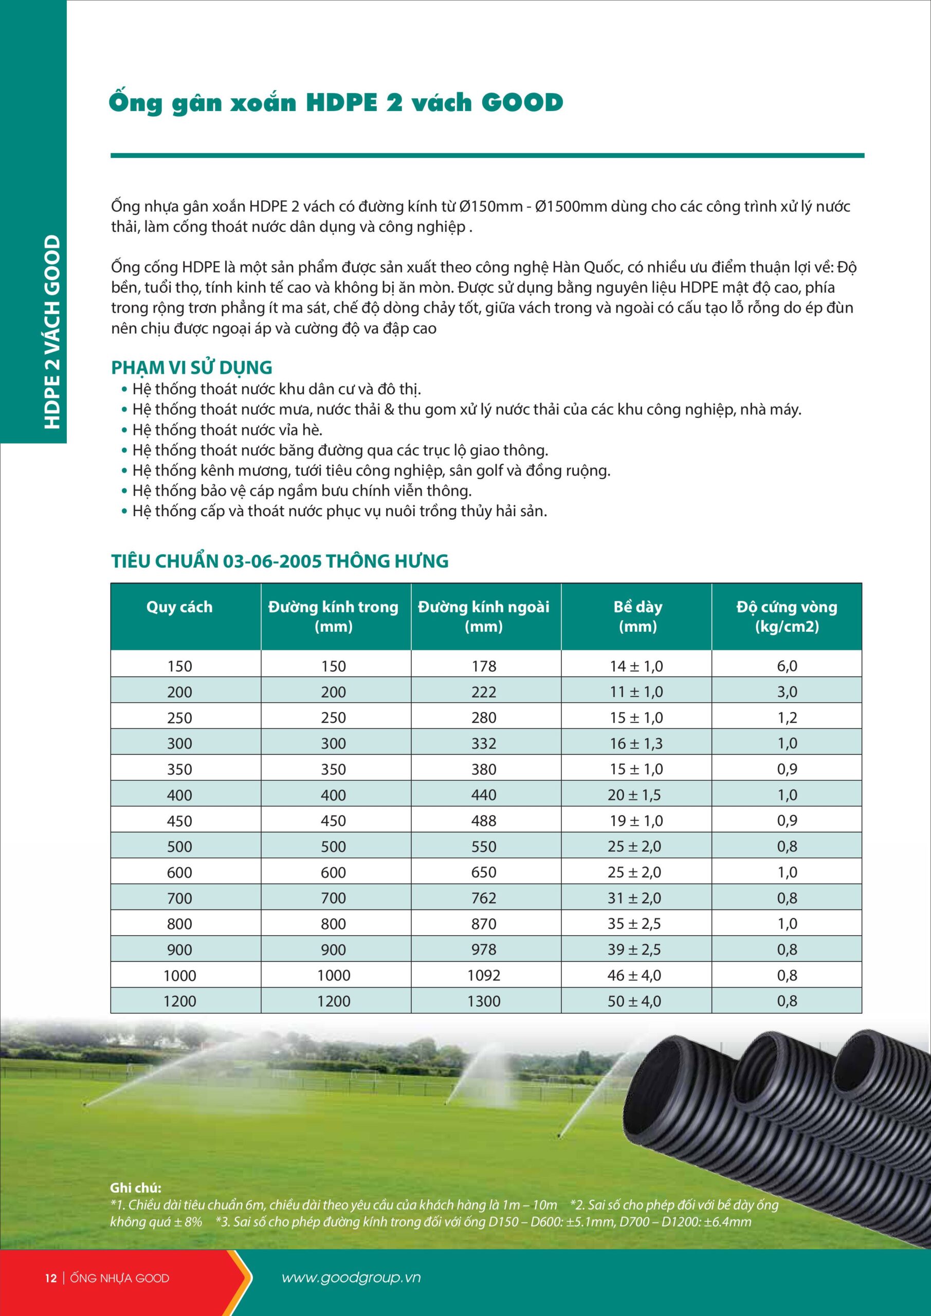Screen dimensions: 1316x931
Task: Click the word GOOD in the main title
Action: (522, 103)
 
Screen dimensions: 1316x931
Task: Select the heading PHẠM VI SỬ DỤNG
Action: (191, 368)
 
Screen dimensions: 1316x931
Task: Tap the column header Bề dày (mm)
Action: (637, 616)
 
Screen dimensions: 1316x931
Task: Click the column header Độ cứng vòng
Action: (787, 607)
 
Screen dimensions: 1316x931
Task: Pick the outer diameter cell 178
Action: (484, 666)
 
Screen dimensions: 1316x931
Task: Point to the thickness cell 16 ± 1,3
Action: (636, 743)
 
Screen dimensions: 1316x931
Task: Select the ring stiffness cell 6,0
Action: (787, 666)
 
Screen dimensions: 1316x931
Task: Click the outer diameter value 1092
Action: (484, 975)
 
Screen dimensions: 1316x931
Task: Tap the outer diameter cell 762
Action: (484, 898)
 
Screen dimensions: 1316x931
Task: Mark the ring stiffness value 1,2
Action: (787, 718)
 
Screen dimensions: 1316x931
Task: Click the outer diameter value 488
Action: (484, 821)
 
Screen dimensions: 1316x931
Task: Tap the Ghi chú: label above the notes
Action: (135, 1188)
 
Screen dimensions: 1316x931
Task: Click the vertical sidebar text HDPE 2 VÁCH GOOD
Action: (52, 332)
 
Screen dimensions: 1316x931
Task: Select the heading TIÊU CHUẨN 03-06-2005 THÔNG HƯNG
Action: (280, 561)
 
